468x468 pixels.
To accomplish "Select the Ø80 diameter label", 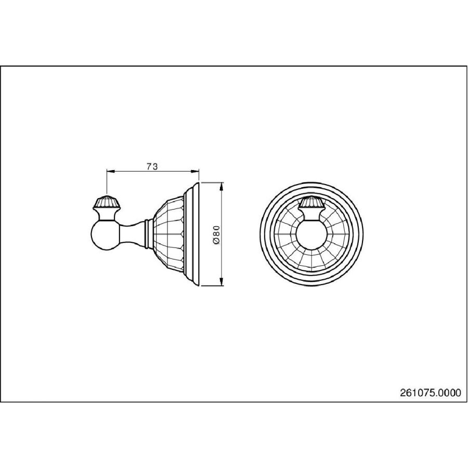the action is [x=217, y=235].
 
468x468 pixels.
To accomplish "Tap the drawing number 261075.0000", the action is [x=431, y=393].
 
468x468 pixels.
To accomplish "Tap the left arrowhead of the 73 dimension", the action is [x=110, y=171].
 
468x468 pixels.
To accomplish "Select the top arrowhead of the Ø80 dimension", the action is [x=221, y=186].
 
